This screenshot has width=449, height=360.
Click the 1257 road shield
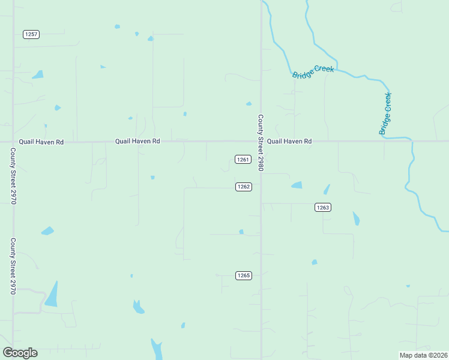31,34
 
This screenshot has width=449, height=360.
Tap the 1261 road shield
243,159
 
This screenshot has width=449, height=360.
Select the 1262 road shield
243,187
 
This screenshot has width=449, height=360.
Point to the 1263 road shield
322,207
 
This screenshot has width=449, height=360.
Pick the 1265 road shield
243,275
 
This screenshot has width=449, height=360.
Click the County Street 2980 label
261,143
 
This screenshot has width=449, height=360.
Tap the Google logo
20,353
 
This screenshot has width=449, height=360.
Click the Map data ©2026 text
424,355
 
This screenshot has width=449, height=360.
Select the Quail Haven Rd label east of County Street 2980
289,142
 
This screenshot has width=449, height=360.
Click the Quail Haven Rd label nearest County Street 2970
41,142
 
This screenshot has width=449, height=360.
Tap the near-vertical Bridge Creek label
385,113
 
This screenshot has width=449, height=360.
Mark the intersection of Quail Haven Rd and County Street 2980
261,142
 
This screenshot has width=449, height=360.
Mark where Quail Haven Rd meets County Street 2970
13,142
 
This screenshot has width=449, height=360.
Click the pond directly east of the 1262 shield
297,185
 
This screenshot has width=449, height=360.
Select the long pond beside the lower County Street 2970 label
52,295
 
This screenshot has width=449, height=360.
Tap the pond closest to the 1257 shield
38,75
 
